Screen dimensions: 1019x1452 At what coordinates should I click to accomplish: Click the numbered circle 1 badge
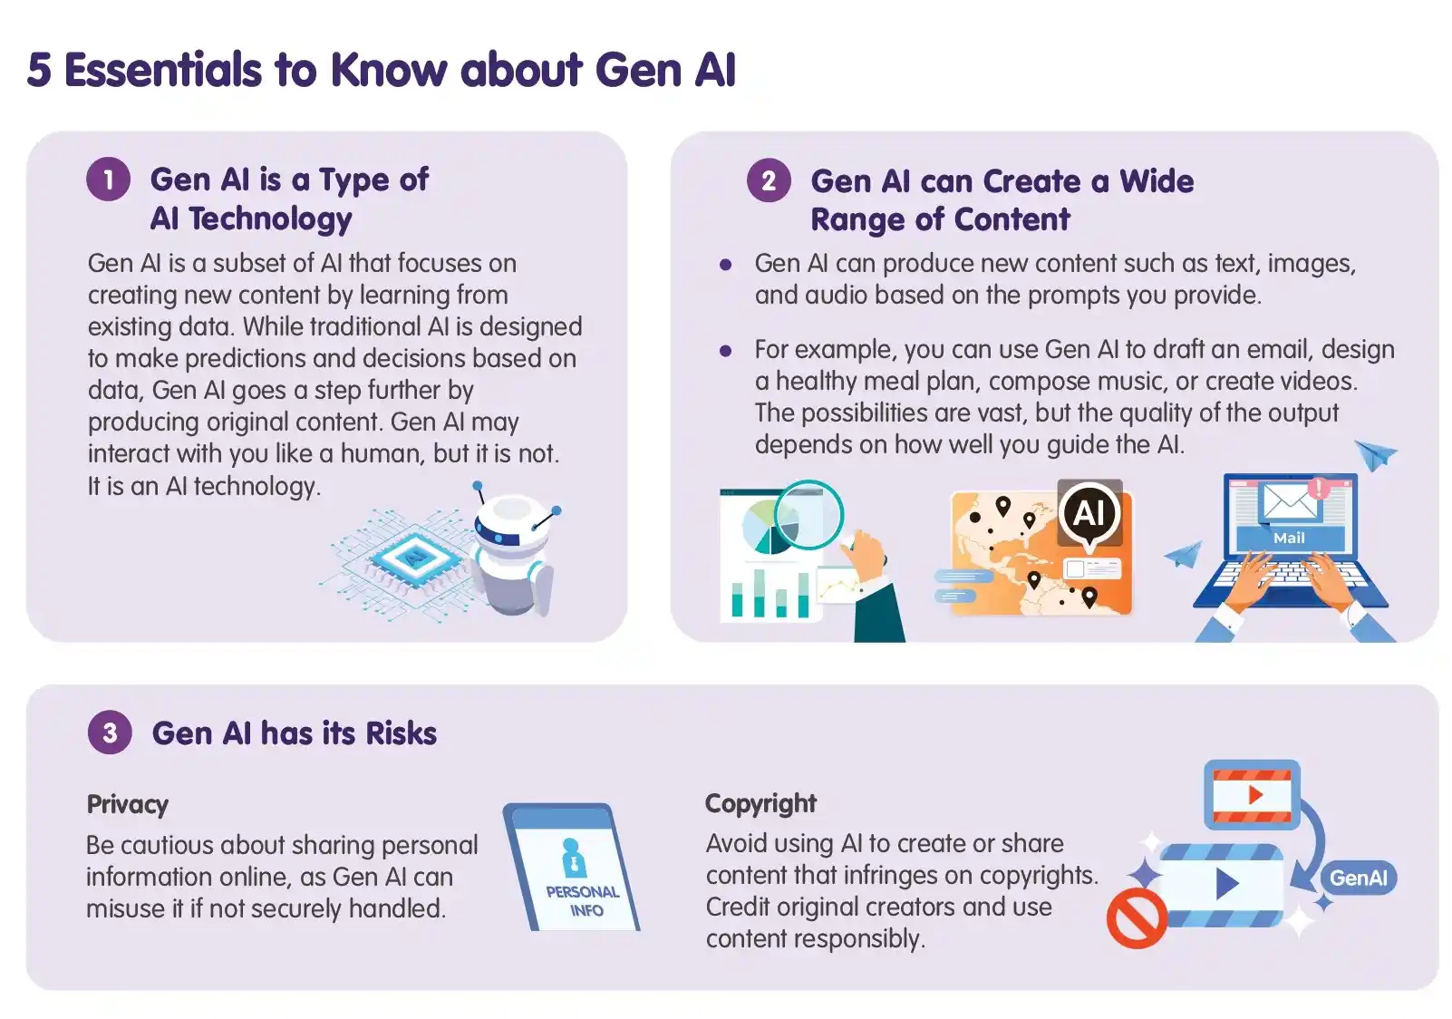[109, 180]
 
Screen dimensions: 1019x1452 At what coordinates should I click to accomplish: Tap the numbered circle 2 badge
[769, 180]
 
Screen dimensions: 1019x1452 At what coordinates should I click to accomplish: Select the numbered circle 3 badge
[110, 733]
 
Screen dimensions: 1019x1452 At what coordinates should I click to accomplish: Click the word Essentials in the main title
[163, 70]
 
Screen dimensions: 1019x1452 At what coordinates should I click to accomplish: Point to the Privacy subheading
[128, 804]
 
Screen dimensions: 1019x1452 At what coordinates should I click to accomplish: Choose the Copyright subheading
[760, 803]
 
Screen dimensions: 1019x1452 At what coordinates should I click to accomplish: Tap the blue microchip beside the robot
[413, 555]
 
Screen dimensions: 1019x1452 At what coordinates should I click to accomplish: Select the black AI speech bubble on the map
[1089, 514]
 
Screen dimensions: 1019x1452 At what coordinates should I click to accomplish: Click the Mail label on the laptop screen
[1289, 538]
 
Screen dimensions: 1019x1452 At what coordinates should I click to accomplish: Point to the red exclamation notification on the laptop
[1318, 488]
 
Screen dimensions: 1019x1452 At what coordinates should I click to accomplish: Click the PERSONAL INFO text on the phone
[583, 900]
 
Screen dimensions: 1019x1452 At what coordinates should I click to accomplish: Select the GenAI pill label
[1358, 878]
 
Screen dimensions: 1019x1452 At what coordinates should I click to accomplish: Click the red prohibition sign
[1137, 918]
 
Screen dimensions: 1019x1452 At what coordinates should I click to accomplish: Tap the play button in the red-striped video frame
[1255, 795]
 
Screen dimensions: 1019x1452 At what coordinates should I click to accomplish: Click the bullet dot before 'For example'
[725, 351]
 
